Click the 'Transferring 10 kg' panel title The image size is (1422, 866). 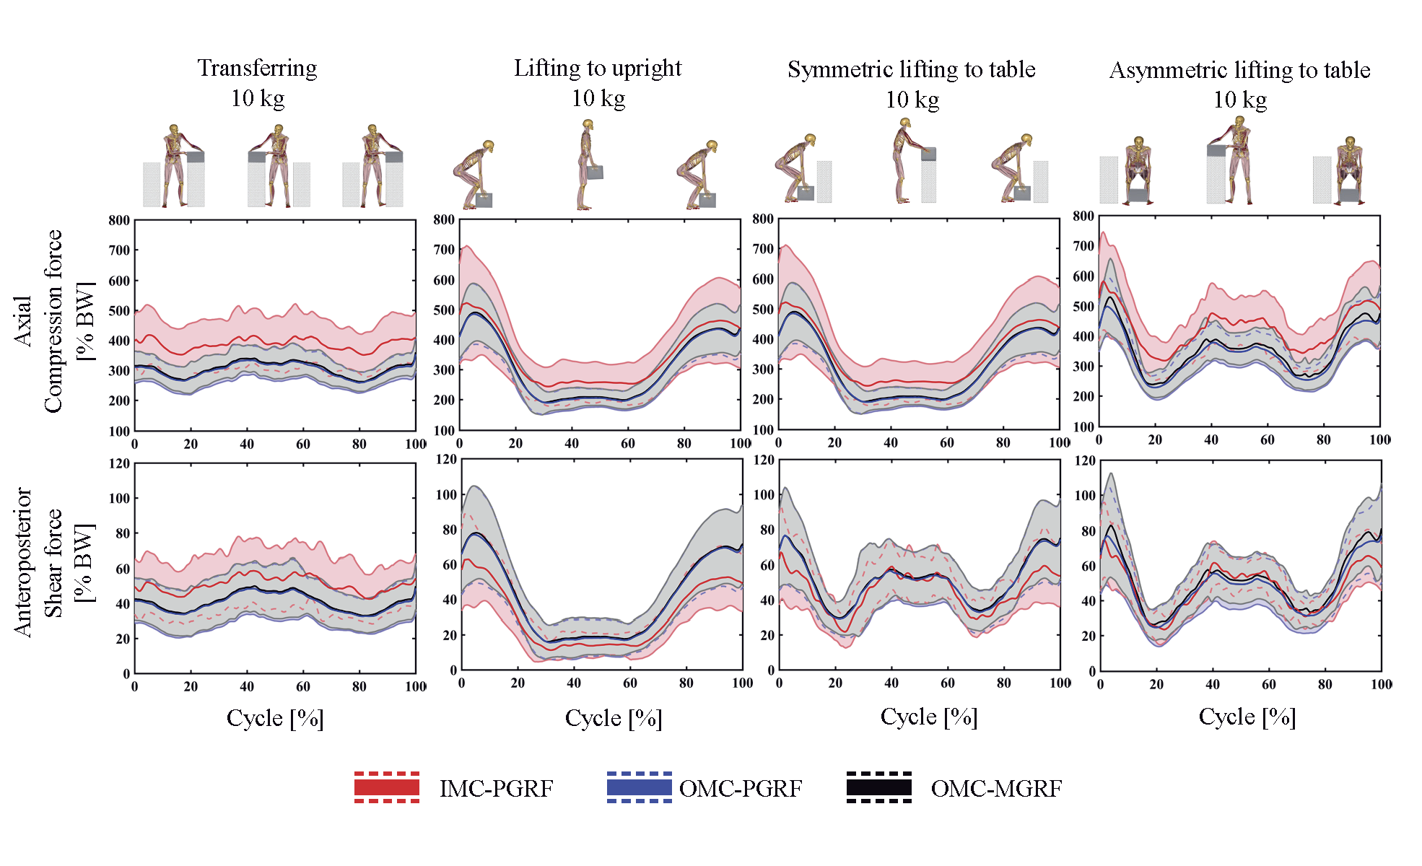click(258, 82)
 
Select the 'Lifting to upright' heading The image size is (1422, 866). click(598, 68)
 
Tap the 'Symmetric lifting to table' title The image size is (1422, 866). click(911, 69)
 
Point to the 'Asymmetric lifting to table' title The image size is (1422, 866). click(1239, 70)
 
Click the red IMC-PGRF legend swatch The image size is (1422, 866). click(387, 787)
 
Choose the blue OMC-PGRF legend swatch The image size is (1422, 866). click(640, 787)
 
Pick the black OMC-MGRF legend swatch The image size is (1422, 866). click(879, 787)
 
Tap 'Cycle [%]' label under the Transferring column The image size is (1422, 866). click(275, 718)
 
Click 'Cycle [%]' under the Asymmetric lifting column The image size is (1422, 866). click(1247, 717)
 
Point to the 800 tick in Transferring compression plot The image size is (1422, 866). click(120, 221)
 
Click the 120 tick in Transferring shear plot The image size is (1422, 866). click(120, 463)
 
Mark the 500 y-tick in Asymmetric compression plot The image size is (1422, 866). click(1083, 306)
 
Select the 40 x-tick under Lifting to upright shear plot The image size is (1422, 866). click(574, 683)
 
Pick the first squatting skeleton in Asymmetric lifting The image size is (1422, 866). click(1138, 170)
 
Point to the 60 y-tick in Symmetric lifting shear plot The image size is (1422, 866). click(767, 565)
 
